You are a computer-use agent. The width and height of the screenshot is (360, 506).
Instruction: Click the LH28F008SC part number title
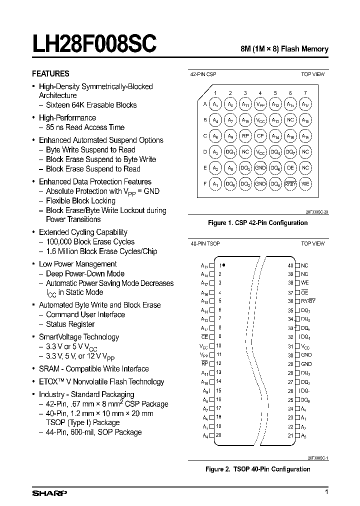point(94,44)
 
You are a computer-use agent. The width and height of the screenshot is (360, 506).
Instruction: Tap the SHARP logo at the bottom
point(49,494)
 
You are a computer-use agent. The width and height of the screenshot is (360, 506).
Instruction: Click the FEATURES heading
point(50,73)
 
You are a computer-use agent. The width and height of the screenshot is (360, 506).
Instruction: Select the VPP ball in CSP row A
point(260,104)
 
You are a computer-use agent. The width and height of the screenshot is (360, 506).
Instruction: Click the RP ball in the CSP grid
point(245,136)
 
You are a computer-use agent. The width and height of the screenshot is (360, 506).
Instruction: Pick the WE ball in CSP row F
point(305,184)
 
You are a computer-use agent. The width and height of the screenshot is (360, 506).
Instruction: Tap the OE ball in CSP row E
point(290,168)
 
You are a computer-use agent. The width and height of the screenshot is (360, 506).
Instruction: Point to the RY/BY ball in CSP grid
point(290,184)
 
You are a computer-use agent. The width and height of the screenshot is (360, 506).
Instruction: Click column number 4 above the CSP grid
point(260,93)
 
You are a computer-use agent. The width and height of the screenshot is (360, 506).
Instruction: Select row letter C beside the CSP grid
point(205,136)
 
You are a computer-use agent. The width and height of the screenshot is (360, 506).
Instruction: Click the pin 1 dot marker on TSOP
point(224,265)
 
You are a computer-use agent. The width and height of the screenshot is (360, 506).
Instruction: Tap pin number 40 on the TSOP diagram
point(290,265)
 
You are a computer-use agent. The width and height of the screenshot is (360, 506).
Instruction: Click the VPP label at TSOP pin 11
point(203,354)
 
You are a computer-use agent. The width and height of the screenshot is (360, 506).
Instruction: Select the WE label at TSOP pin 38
point(304,283)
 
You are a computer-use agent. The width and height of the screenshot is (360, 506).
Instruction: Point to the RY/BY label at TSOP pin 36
point(308,301)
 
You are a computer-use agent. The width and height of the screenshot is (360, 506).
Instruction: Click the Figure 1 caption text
point(257,222)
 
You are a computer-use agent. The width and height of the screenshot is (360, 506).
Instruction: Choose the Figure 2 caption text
point(258,469)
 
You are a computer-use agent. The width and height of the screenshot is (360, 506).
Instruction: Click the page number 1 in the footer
point(326,493)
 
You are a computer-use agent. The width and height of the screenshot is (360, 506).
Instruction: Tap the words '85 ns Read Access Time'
point(85,127)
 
